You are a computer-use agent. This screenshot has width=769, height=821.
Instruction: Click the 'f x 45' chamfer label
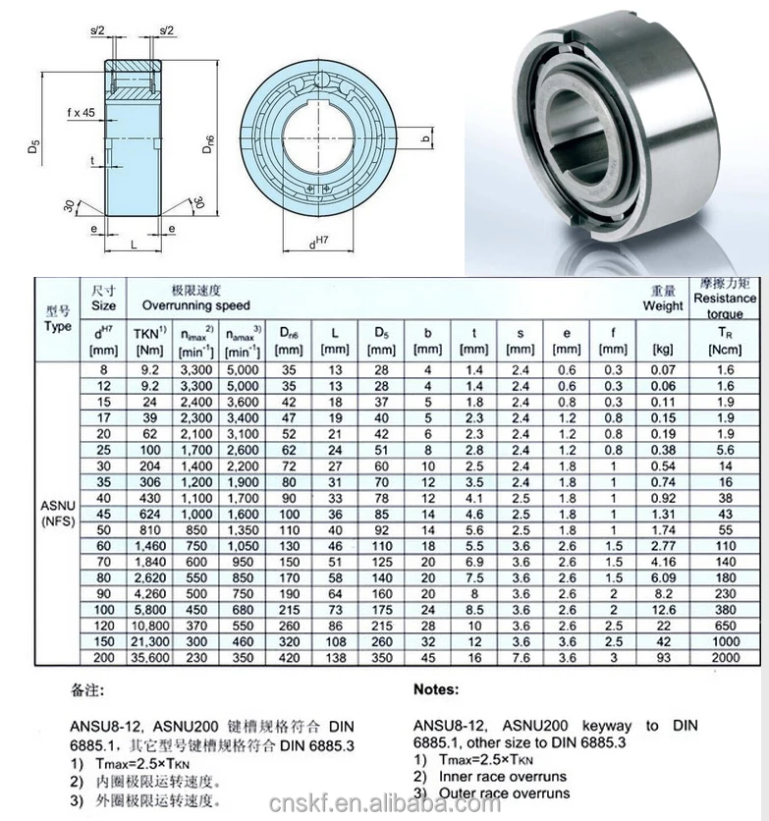click(82, 113)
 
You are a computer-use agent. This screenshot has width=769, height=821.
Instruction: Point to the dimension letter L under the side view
click(134, 245)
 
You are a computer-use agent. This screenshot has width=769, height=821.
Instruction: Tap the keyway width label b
click(426, 138)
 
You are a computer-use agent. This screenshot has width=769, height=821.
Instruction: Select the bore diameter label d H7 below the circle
click(318, 242)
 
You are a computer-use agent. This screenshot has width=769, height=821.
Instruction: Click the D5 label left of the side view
click(34, 145)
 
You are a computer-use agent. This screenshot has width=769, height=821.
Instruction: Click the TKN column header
click(149, 341)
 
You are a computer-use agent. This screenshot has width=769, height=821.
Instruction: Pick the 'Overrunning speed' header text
click(195, 305)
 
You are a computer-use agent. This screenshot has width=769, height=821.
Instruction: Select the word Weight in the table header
click(663, 305)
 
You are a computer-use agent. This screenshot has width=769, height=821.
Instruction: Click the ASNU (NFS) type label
click(58, 513)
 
